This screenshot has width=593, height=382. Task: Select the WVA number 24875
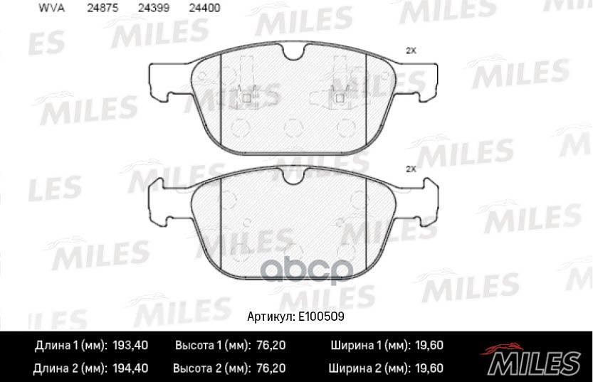pyautogui.click(x=103, y=9)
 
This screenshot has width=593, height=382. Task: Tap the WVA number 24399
pyautogui.click(x=154, y=9)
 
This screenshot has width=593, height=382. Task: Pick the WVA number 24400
pyautogui.click(x=204, y=9)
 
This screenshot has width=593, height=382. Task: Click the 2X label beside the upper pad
pyautogui.click(x=410, y=51)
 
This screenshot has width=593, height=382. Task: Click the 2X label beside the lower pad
pyautogui.click(x=410, y=169)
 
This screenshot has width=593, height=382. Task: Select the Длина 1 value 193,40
pyautogui.click(x=131, y=346)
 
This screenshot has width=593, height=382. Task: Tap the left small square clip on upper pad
pyautogui.click(x=247, y=98)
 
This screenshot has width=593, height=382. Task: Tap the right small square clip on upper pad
pyautogui.click(x=340, y=98)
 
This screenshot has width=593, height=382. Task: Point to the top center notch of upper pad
pyautogui.click(x=293, y=51)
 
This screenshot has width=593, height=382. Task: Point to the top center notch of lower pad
pyautogui.click(x=293, y=174)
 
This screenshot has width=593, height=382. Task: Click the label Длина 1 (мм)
pyautogui.click(x=70, y=346)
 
